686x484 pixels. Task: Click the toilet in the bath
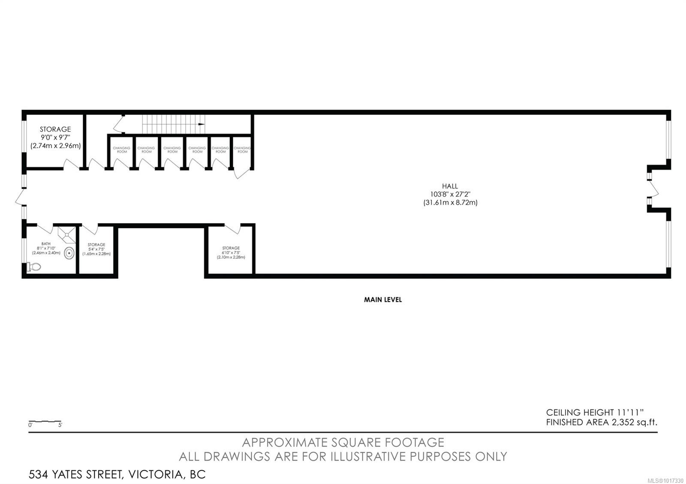(34, 267)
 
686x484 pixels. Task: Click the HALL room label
(450, 186)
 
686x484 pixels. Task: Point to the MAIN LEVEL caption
(382, 300)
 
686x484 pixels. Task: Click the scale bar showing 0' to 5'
(45, 422)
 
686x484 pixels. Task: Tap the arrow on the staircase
(201, 124)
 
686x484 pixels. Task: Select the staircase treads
(171, 124)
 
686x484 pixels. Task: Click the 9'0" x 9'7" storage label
(56, 137)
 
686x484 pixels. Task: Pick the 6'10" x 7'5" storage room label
(231, 253)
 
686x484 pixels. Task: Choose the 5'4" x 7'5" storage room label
(96, 249)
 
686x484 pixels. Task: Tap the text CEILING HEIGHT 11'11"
(596, 412)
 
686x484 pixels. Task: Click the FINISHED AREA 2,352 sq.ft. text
(602, 422)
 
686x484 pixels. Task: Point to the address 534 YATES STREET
(117, 475)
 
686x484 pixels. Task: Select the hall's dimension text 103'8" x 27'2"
(450, 194)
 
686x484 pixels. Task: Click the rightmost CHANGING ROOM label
(242, 150)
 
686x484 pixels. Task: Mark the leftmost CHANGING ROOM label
(122, 150)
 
